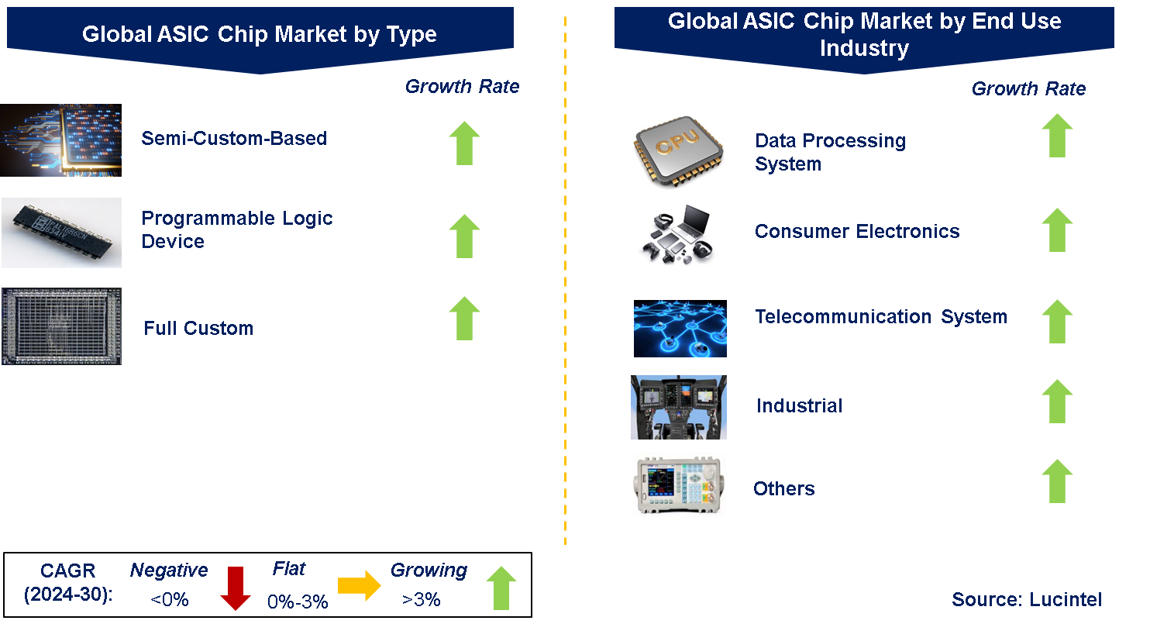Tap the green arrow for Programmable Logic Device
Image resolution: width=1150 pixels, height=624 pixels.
coord(464,236)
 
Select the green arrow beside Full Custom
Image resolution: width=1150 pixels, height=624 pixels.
coord(464,318)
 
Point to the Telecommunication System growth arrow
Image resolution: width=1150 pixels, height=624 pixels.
coord(1057,321)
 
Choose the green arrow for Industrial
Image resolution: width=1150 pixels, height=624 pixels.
coord(1057,401)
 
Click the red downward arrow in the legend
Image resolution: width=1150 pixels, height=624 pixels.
coord(235,588)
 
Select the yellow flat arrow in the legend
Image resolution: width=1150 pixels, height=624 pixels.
coord(359,588)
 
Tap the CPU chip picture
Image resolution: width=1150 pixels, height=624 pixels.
coord(679,153)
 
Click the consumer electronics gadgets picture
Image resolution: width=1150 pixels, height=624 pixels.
coord(677,234)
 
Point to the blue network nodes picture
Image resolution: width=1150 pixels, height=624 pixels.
coord(680,329)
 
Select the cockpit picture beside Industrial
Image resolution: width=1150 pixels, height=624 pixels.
coord(679,407)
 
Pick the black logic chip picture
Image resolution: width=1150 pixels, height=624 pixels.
coord(61,233)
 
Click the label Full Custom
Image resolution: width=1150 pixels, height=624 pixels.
coord(198,328)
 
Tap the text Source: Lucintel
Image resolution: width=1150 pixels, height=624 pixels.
coord(1027,599)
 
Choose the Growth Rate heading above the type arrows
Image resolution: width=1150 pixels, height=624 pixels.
coord(462,86)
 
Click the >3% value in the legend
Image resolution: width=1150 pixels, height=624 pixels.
coord(421,599)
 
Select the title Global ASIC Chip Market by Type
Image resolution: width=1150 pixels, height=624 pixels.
coord(260,34)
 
